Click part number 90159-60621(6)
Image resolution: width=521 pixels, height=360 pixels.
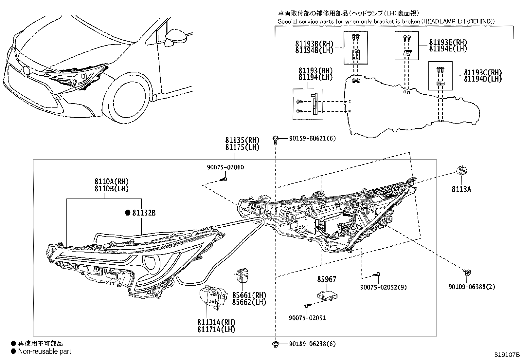click(x=312, y=139)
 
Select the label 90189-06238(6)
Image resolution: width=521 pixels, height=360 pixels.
click(x=312, y=344)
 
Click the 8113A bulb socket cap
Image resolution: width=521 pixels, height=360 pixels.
click(x=461, y=171)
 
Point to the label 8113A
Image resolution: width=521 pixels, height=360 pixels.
click(x=461, y=189)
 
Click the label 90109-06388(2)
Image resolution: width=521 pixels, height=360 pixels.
click(x=472, y=287)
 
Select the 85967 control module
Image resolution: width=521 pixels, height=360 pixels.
click(x=328, y=295)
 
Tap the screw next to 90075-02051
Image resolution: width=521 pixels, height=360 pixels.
click(x=307, y=305)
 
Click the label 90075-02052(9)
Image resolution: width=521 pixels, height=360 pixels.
click(x=383, y=287)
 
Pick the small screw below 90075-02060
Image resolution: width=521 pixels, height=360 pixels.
click(x=224, y=179)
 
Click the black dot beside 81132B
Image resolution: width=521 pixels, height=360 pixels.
click(x=128, y=213)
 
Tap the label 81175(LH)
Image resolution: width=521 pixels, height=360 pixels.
click(x=242, y=148)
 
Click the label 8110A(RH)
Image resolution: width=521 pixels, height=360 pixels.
click(x=112, y=181)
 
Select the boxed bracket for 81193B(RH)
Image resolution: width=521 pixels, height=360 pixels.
click(x=356, y=48)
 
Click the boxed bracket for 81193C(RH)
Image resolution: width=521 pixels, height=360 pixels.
click(x=440, y=76)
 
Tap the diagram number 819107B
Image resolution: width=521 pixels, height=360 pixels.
click(x=507, y=355)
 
